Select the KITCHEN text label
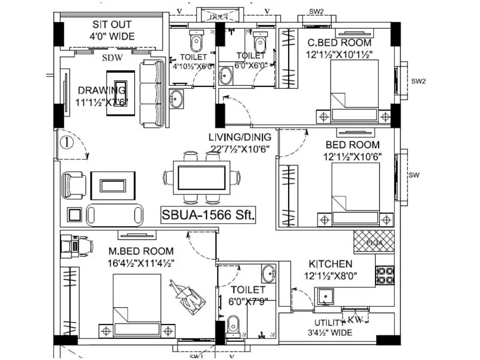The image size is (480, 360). (330, 264)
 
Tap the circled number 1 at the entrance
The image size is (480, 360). (66, 143)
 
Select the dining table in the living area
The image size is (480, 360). (202, 178)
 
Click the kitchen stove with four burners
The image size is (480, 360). (385, 275)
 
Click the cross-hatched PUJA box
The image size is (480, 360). (373, 242)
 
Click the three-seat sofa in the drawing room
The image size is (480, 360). (152, 93)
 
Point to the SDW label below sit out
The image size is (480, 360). (112, 58)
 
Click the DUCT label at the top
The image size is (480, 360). (218, 17)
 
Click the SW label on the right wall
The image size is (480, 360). (414, 175)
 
